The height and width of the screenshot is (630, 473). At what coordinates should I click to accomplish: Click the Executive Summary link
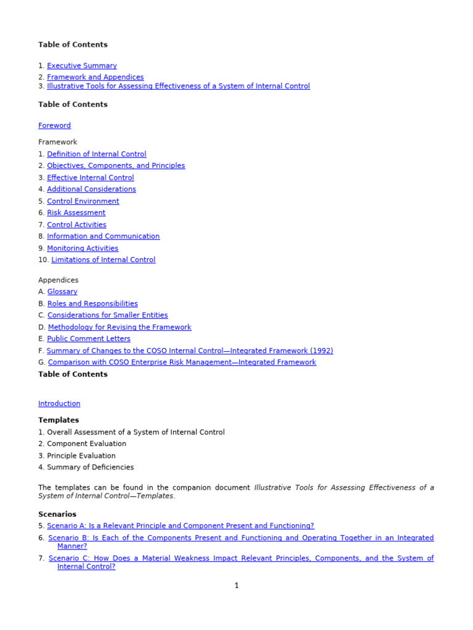click(82, 66)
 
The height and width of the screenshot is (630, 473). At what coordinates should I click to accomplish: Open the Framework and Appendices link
click(95, 78)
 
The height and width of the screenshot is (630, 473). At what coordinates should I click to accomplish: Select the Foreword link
click(54, 126)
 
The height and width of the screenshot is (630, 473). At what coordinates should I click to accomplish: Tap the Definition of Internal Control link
click(97, 154)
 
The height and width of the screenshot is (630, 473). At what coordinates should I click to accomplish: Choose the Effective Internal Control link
click(91, 178)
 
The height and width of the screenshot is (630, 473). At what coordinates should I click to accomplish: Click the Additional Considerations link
click(92, 189)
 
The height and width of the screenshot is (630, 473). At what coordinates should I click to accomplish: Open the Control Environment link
click(83, 201)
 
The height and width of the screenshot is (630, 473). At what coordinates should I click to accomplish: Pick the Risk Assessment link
click(76, 213)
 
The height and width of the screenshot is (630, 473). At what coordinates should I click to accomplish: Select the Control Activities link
click(77, 225)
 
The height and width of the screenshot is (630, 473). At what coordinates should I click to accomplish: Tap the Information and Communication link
click(103, 236)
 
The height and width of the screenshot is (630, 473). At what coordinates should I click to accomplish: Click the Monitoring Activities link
click(83, 249)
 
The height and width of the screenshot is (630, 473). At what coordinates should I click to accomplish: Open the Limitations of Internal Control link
click(103, 260)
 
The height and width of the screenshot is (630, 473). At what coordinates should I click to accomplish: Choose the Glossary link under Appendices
click(62, 292)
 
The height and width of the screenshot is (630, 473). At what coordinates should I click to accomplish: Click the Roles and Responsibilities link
click(92, 304)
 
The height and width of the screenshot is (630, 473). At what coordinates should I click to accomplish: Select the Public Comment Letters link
click(89, 339)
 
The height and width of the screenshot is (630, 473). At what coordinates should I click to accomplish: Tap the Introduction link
click(59, 404)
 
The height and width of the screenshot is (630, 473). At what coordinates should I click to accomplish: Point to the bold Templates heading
click(59, 420)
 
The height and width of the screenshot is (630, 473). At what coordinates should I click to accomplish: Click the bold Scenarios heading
click(57, 514)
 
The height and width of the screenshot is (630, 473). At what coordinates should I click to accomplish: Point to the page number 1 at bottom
click(236, 586)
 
